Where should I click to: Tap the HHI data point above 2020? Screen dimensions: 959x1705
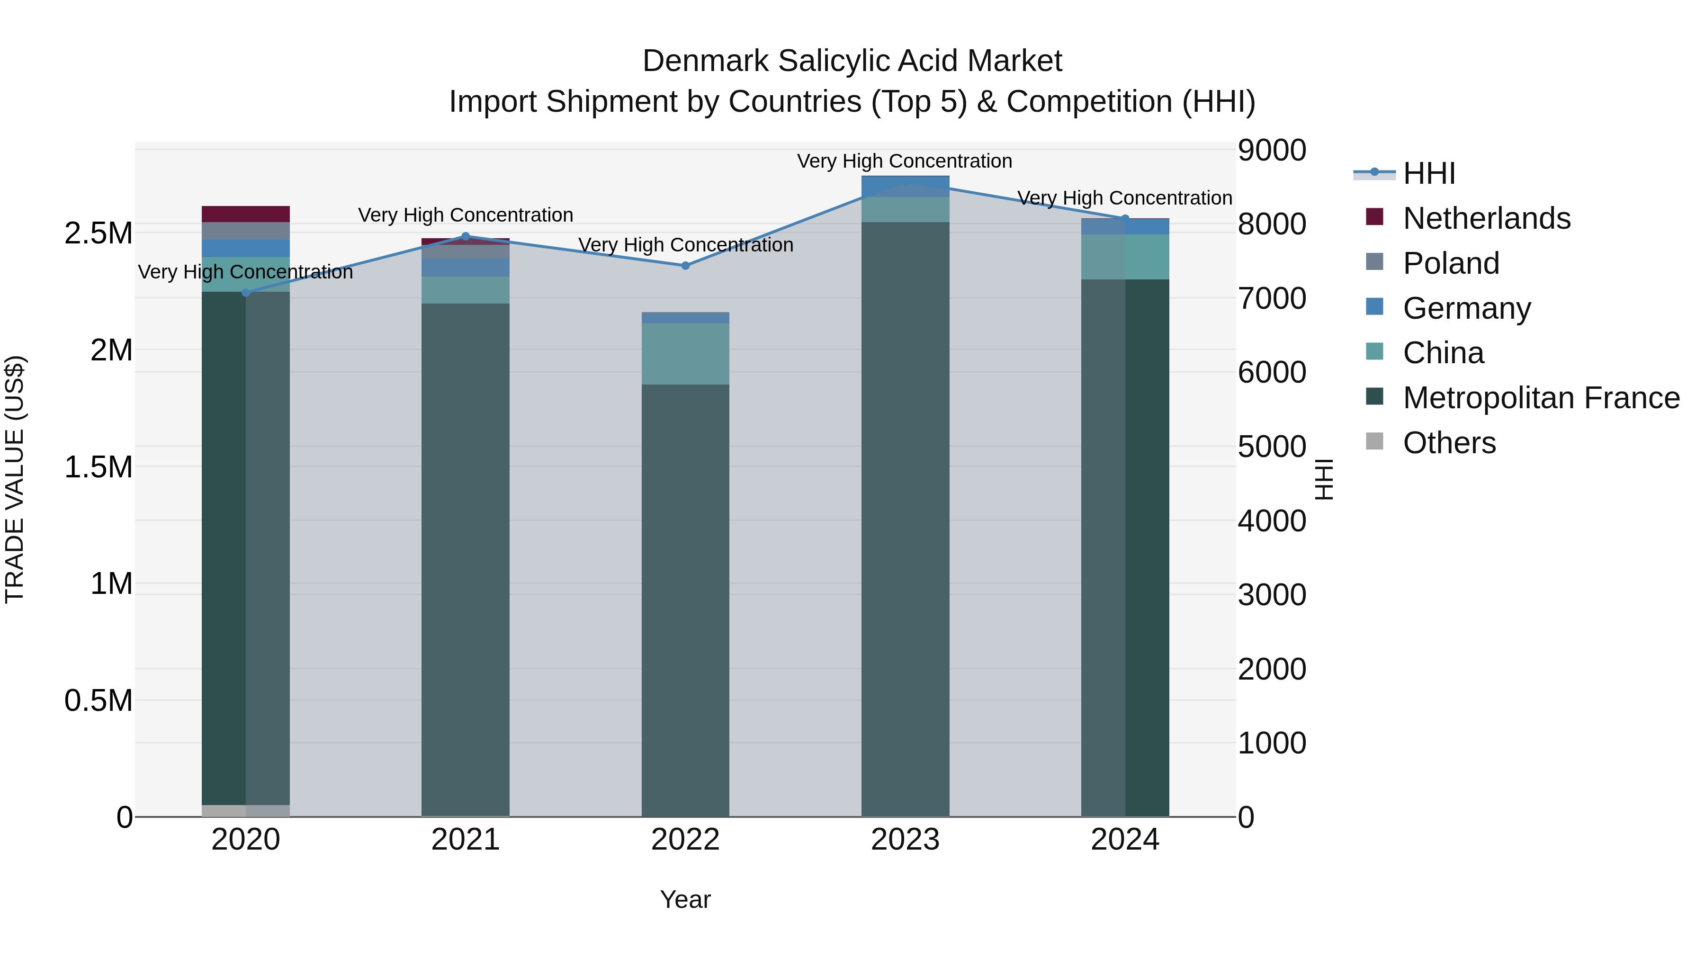pos(245,293)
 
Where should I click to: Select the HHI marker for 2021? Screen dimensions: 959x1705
pos(465,236)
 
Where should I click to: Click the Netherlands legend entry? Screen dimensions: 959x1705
pos(1486,218)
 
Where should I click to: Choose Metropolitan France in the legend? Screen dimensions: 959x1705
pos(1541,398)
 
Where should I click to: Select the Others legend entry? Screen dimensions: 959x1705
pos(1449,443)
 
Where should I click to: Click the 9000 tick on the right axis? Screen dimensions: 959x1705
pos(1272,150)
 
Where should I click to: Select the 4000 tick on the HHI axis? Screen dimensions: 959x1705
pos(1272,521)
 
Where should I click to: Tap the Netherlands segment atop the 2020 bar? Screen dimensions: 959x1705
pos(245,214)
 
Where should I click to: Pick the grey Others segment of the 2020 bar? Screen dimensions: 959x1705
pos(245,811)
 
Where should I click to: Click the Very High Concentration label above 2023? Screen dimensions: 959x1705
pos(904,161)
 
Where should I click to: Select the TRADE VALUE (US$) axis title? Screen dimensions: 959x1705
pos(15,479)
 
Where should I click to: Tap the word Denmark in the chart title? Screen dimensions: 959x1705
pos(705,61)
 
